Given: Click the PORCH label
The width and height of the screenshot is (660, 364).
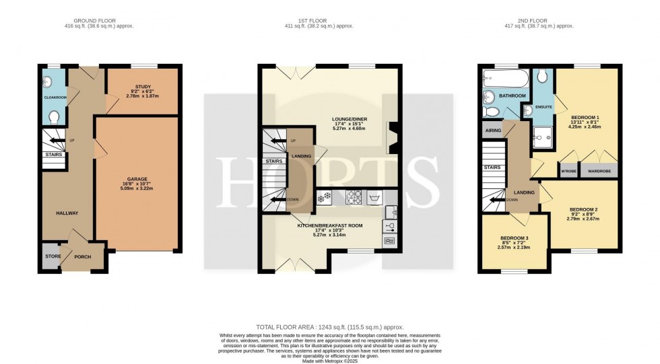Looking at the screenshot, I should point(81,257).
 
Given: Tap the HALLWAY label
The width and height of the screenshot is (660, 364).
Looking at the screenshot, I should point(67,213).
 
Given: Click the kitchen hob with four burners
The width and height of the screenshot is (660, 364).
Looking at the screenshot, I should point(355,198).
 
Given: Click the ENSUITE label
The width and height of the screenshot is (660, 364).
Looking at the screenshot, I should point(543,107).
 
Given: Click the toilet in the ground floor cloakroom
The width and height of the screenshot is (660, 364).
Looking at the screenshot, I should point(55,117).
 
